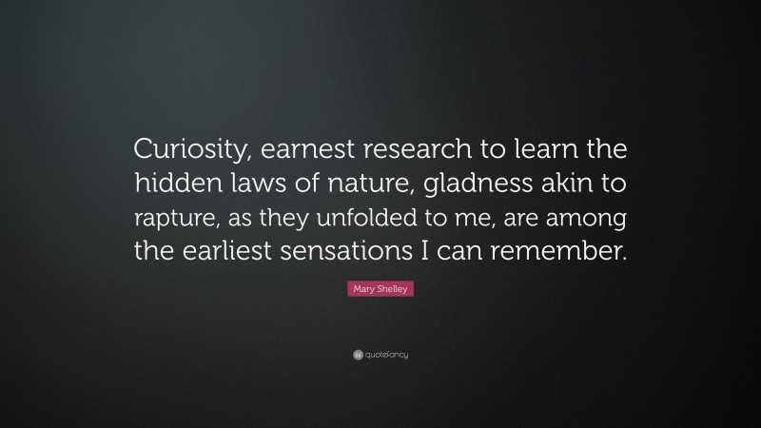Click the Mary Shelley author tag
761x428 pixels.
(x=380, y=290)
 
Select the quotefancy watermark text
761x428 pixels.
(x=387, y=355)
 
